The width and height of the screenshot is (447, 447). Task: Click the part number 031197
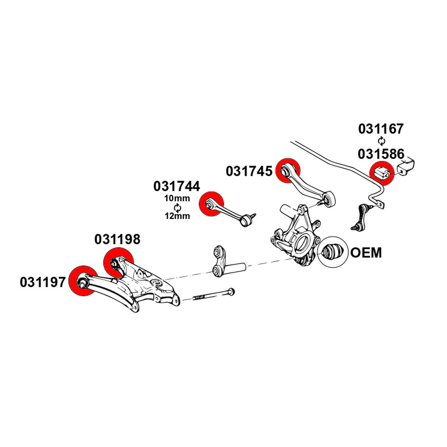43,282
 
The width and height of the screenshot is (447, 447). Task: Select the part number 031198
118,240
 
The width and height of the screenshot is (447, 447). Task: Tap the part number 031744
177,186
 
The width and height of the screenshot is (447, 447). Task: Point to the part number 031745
249,171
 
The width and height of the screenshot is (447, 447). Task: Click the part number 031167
381,129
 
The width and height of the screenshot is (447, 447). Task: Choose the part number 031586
381,154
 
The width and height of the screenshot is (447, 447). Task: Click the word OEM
366,253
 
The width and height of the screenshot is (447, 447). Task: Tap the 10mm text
177,198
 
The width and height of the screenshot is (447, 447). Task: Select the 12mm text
177,216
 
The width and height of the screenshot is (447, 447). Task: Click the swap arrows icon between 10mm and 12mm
177,207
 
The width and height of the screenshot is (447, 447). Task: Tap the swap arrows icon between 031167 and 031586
381,141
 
